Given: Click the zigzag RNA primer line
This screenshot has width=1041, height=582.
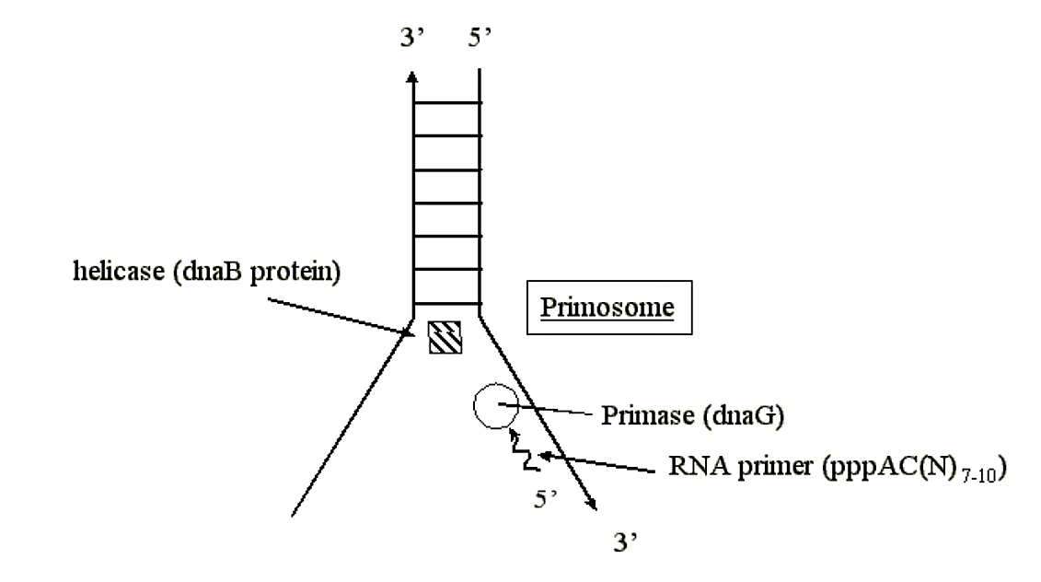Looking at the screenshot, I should (522, 449).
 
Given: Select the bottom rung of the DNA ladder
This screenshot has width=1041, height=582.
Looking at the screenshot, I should (446, 303).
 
